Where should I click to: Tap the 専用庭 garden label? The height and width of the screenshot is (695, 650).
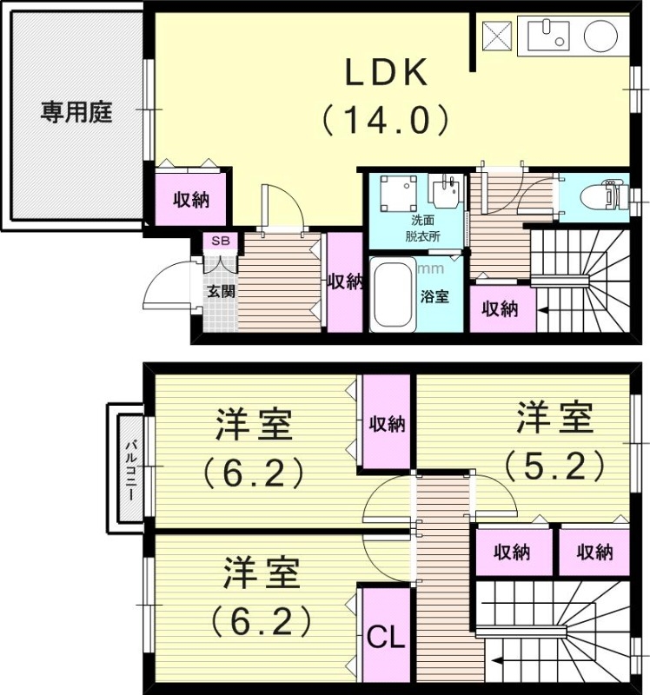tap(76, 113)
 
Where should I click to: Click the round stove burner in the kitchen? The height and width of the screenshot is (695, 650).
tap(600, 36)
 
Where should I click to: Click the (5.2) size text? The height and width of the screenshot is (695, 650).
tap(554, 467)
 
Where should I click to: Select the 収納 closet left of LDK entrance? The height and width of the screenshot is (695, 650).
tap(192, 199)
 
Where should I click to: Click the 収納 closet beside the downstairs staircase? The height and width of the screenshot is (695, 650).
tap(501, 308)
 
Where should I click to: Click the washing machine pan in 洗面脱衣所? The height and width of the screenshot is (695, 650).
tap(396, 191)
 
